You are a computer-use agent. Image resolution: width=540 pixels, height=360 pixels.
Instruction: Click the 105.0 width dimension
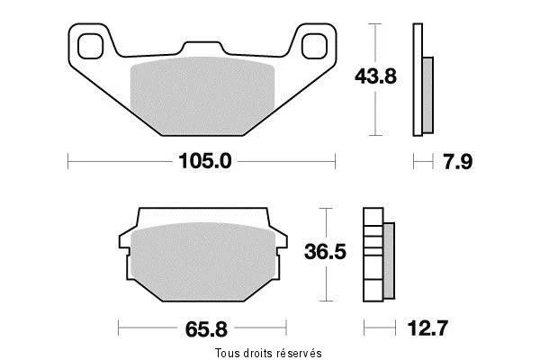pos(205,161)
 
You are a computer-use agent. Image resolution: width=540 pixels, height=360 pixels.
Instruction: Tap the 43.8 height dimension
pos(375,76)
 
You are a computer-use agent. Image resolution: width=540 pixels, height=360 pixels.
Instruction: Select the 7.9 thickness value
pos(458,161)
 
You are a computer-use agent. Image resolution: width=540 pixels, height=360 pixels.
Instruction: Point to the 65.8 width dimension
pos(206,329)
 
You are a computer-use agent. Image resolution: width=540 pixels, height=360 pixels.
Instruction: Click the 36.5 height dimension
pos(325,251)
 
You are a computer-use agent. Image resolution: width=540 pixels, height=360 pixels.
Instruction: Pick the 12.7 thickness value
pos(427,328)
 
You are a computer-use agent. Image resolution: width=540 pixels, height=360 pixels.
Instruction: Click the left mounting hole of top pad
pos(91,46)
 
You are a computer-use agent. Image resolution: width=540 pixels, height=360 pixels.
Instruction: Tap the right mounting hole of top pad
pos(314,46)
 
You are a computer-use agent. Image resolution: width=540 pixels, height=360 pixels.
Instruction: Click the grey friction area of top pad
pos(202,95)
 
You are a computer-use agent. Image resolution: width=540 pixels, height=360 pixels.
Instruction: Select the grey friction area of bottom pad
pos(203,262)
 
